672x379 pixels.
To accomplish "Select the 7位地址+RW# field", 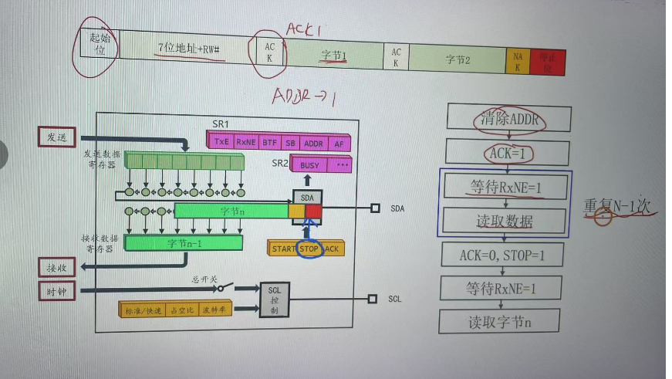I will (x=189, y=48).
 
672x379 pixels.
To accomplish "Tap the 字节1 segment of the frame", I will (x=335, y=56).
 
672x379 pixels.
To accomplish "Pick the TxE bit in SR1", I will (x=222, y=142).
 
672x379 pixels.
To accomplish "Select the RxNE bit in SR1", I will (x=246, y=142).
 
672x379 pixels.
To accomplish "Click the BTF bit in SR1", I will (x=269, y=142).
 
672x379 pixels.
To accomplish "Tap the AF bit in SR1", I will (x=339, y=142).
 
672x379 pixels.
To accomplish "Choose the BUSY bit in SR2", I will (x=309, y=165).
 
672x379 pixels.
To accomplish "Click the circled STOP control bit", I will (x=309, y=249).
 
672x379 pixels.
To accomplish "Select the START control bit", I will (x=284, y=249).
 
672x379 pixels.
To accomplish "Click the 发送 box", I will (x=57, y=137).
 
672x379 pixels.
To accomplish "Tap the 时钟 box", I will (x=57, y=291).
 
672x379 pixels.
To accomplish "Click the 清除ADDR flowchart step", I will (x=508, y=119).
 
